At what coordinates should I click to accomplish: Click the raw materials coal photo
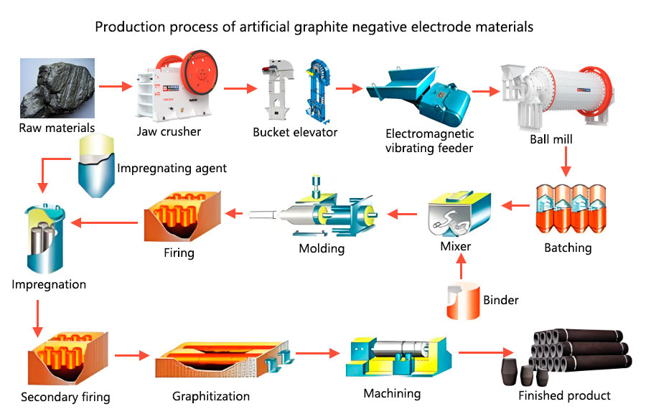(x=57, y=90)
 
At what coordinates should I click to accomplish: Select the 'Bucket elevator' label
(x=295, y=132)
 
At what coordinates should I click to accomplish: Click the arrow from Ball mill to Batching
(x=566, y=162)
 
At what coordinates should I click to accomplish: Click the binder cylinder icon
(x=462, y=301)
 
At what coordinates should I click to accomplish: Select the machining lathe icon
(x=398, y=356)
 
